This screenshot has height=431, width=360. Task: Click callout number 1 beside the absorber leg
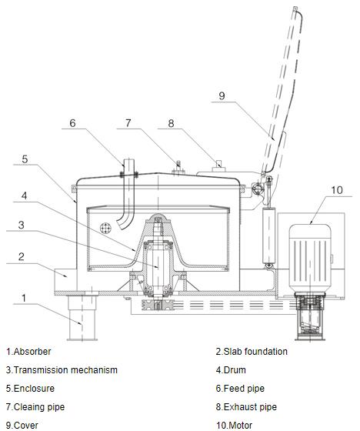(x=24, y=298)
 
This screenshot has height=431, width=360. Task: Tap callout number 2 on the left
(x=22, y=257)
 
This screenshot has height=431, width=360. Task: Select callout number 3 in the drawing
(x=22, y=225)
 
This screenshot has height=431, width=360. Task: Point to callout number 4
(x=24, y=195)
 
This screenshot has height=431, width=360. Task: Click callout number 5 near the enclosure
(x=25, y=159)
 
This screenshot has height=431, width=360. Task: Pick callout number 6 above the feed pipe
(x=72, y=123)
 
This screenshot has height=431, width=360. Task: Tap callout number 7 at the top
(x=128, y=123)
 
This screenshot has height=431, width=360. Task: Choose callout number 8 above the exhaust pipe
(x=171, y=123)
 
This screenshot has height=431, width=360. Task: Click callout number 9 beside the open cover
(x=222, y=95)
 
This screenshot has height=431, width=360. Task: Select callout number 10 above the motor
(x=337, y=190)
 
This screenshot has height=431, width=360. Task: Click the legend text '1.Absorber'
(x=28, y=352)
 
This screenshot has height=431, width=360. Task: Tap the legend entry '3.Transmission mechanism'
(x=62, y=370)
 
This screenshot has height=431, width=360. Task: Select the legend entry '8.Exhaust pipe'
(x=246, y=407)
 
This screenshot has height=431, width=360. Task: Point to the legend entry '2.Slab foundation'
(x=252, y=352)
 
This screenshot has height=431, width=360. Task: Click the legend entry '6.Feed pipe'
(x=240, y=389)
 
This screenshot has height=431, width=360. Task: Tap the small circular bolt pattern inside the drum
(x=105, y=228)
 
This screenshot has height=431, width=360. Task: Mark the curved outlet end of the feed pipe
(x=122, y=223)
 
